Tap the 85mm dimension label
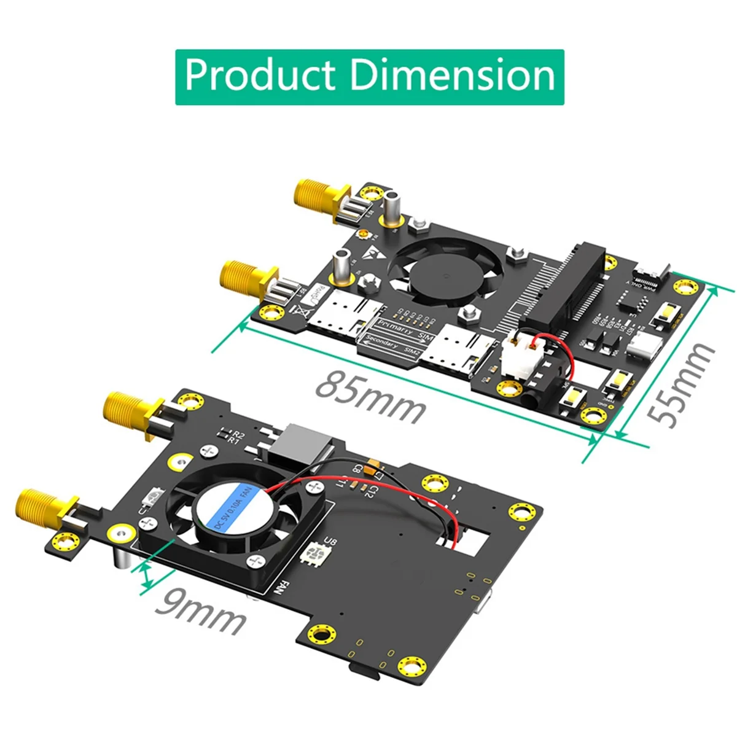pos(370,396)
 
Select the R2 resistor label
pos(238,434)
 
